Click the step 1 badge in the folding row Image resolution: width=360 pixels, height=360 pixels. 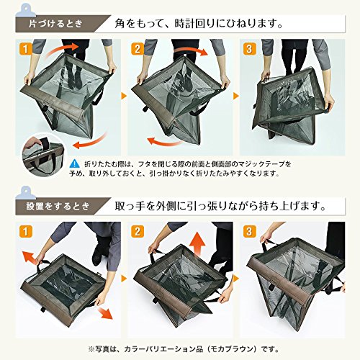click(25, 49)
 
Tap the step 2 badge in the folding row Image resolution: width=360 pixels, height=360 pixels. click(137, 49)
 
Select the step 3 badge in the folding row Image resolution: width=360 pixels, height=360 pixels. click(249, 49)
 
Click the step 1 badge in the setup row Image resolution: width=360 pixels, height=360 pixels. click(25, 232)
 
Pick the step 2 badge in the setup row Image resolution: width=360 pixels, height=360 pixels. click(137, 232)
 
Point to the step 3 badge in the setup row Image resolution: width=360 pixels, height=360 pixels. click(249, 232)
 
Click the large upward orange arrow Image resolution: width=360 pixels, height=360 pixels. click(197, 246)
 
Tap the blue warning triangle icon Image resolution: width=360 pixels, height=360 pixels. click(74, 164)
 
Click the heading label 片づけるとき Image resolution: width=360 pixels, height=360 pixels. click(55, 24)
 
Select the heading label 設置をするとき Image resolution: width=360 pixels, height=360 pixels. click(58, 206)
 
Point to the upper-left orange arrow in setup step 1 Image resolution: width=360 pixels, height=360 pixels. click(30, 258)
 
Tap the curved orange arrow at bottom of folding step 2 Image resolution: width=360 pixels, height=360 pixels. click(163, 142)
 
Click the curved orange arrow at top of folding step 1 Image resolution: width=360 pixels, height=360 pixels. click(63, 49)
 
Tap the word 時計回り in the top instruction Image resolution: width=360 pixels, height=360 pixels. click(190, 24)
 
